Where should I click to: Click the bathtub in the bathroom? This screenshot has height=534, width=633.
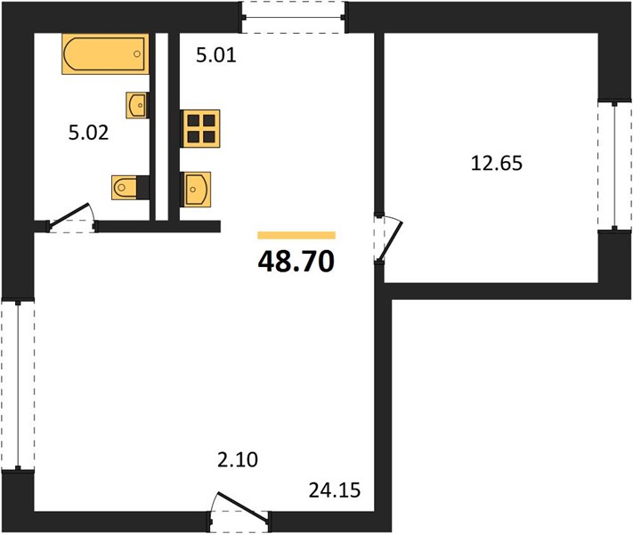105,53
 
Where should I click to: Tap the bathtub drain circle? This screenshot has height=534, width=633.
137,53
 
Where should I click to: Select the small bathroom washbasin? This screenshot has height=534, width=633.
136,105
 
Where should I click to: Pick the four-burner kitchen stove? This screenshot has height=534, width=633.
200,128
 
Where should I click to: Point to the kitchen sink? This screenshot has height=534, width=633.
196,190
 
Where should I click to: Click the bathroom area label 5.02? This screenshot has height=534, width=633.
88,133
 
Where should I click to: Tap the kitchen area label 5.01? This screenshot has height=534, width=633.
216,55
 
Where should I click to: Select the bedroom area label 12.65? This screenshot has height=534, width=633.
497,164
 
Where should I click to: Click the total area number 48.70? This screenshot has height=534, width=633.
296,261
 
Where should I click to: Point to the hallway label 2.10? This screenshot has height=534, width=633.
238,460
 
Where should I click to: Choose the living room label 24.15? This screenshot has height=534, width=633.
335,490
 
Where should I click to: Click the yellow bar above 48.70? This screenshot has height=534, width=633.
296,235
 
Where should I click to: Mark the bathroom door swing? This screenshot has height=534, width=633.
71,218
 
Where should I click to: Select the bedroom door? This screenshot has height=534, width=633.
388,239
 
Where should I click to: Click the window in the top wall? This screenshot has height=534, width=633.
294,18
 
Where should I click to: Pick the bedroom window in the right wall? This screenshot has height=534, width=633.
614,166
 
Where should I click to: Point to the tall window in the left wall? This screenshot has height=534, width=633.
18,384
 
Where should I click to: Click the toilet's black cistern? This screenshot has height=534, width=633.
143,187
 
